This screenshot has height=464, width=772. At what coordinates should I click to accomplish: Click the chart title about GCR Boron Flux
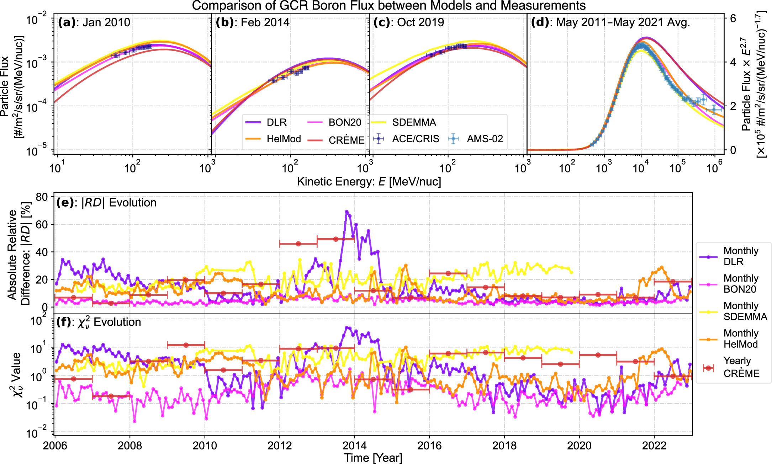pos(388,6)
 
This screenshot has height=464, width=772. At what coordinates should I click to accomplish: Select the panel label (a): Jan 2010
pos(94,22)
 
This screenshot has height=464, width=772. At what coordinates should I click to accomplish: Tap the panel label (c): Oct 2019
pos(408,22)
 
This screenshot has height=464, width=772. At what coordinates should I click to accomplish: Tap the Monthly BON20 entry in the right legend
pos(740,284)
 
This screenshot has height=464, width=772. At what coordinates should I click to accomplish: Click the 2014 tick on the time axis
pos(354,446)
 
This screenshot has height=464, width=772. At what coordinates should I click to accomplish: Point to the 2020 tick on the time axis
pos(579,446)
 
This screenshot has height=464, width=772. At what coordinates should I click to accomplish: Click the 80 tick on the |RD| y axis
pos(42,197)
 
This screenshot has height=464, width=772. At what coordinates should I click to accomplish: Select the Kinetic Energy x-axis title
pos(369,182)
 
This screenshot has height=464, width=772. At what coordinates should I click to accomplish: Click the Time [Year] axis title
pos(373,458)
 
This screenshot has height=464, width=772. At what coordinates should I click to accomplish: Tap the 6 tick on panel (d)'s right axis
pos(733,18)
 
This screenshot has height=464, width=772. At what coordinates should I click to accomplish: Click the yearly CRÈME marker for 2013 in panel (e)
pos(336,239)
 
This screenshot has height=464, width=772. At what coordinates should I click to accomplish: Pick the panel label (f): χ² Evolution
pos(99,322)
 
